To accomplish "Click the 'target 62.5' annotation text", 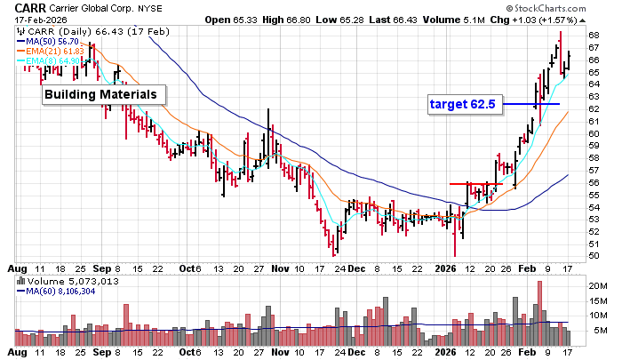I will (462, 104).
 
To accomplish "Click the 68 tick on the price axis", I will (593, 35).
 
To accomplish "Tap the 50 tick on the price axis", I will (593, 256).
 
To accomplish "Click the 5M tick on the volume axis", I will (595, 331).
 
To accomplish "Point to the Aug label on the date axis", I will (15, 268).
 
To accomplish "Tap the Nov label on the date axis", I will (281, 268).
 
